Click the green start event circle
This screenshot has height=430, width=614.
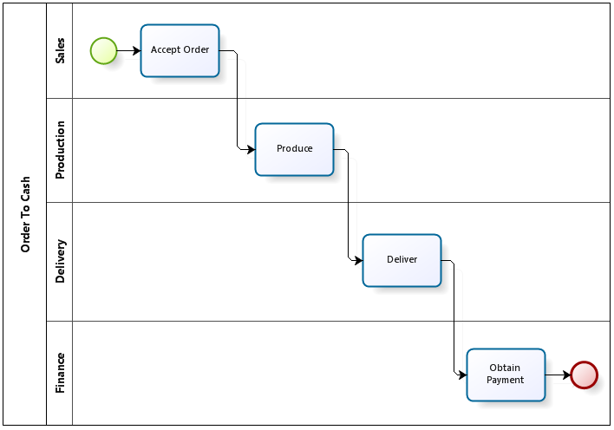coord(104,51)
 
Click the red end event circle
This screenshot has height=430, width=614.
coord(585,375)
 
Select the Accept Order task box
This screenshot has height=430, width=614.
coord(180,51)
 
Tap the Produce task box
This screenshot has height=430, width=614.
coord(295,150)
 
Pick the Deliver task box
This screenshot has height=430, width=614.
coord(402,260)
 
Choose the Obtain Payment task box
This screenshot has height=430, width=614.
coord(506,375)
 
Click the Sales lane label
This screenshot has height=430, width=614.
coord(60,50)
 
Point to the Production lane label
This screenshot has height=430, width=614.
coord(60,150)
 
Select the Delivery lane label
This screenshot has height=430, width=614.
coord(60,261)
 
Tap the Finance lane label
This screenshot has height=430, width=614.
coord(60,373)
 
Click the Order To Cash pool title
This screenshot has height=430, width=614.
coord(25,214)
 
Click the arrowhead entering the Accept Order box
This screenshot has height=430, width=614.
coord(137,50)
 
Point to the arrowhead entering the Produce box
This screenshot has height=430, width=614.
coord(251,149)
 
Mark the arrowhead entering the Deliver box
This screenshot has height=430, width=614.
coord(358,260)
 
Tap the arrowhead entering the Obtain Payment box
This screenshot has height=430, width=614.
coord(462,375)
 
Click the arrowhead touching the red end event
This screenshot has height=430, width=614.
coord(566,375)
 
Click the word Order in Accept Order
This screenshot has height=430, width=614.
coord(197,49)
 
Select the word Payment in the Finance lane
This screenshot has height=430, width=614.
coord(505,380)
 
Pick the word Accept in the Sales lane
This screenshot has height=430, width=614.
coord(166,50)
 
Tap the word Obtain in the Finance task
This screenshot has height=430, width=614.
coord(505,368)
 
